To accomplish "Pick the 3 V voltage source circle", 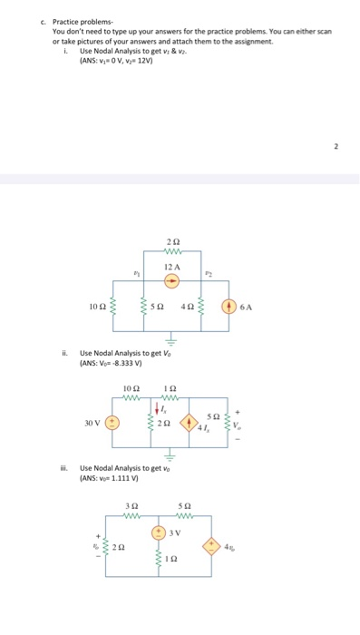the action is click(158, 531).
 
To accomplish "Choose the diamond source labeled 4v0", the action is click(215, 548).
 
